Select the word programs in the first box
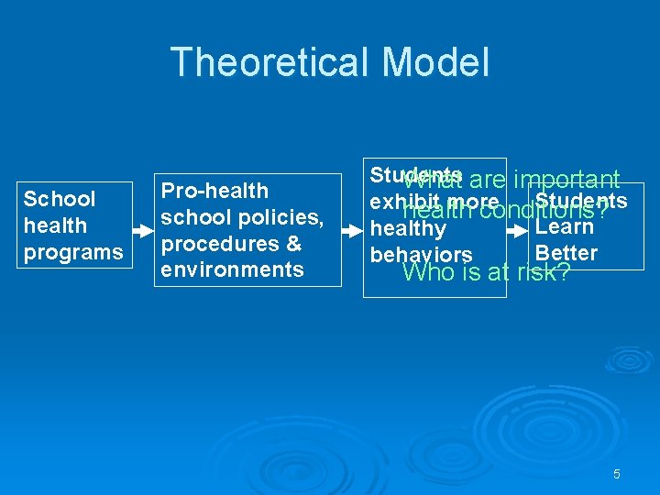pos(72,252)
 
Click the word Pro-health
pos(214,191)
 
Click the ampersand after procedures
pos(293,243)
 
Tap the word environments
pos(232,269)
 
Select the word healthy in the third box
pos(408,228)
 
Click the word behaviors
pos(421,255)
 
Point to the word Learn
pos(565,225)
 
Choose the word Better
pos(566,253)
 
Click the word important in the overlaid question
pos(566,180)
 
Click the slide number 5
pos(616,474)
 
